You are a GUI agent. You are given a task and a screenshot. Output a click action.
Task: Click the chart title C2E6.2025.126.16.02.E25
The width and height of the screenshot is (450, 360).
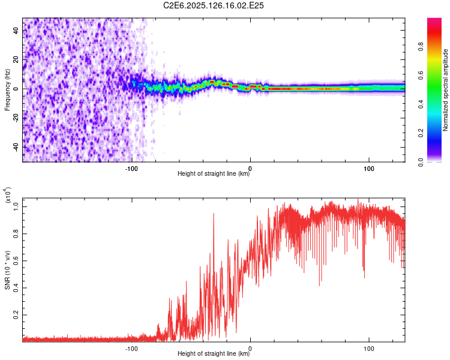point(213,5)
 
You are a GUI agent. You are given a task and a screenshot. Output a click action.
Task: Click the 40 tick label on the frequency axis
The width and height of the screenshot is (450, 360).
point(16,30)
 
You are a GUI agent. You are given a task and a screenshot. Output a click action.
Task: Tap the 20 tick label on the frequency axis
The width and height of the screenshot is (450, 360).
point(16,59)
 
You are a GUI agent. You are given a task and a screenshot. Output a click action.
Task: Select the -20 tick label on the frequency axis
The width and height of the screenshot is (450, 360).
point(16,118)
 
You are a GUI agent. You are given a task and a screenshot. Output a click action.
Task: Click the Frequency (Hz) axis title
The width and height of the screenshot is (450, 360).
point(7,90)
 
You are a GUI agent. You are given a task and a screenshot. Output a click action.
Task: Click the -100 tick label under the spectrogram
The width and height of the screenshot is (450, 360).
point(131,169)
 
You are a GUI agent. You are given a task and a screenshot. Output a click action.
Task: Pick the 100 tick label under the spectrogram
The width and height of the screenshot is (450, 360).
point(369,169)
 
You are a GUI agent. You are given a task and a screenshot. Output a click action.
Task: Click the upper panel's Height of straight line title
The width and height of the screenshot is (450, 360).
point(214,173)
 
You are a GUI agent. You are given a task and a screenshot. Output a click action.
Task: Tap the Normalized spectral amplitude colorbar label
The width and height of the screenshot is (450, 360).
point(445,90)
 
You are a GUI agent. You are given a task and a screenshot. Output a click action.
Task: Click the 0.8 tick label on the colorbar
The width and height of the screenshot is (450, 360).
point(421,47)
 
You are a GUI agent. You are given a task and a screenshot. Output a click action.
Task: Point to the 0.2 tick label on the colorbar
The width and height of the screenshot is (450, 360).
point(421,133)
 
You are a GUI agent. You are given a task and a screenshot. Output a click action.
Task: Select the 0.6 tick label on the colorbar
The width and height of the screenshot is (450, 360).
point(421,76)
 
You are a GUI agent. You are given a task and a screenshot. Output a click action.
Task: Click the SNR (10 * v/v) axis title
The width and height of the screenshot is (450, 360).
point(7,270)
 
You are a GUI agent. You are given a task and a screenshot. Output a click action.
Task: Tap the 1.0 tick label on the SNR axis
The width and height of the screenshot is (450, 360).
point(16,206)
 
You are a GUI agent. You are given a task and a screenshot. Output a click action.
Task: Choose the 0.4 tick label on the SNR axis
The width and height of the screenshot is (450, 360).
point(16,288)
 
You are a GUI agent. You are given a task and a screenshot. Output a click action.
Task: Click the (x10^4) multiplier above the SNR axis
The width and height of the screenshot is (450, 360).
point(8,194)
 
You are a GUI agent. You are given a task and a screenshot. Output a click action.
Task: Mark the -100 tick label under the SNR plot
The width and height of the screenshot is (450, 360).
point(131,349)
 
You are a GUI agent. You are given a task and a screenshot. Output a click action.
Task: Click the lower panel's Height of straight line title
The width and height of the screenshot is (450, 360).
point(214,353)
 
